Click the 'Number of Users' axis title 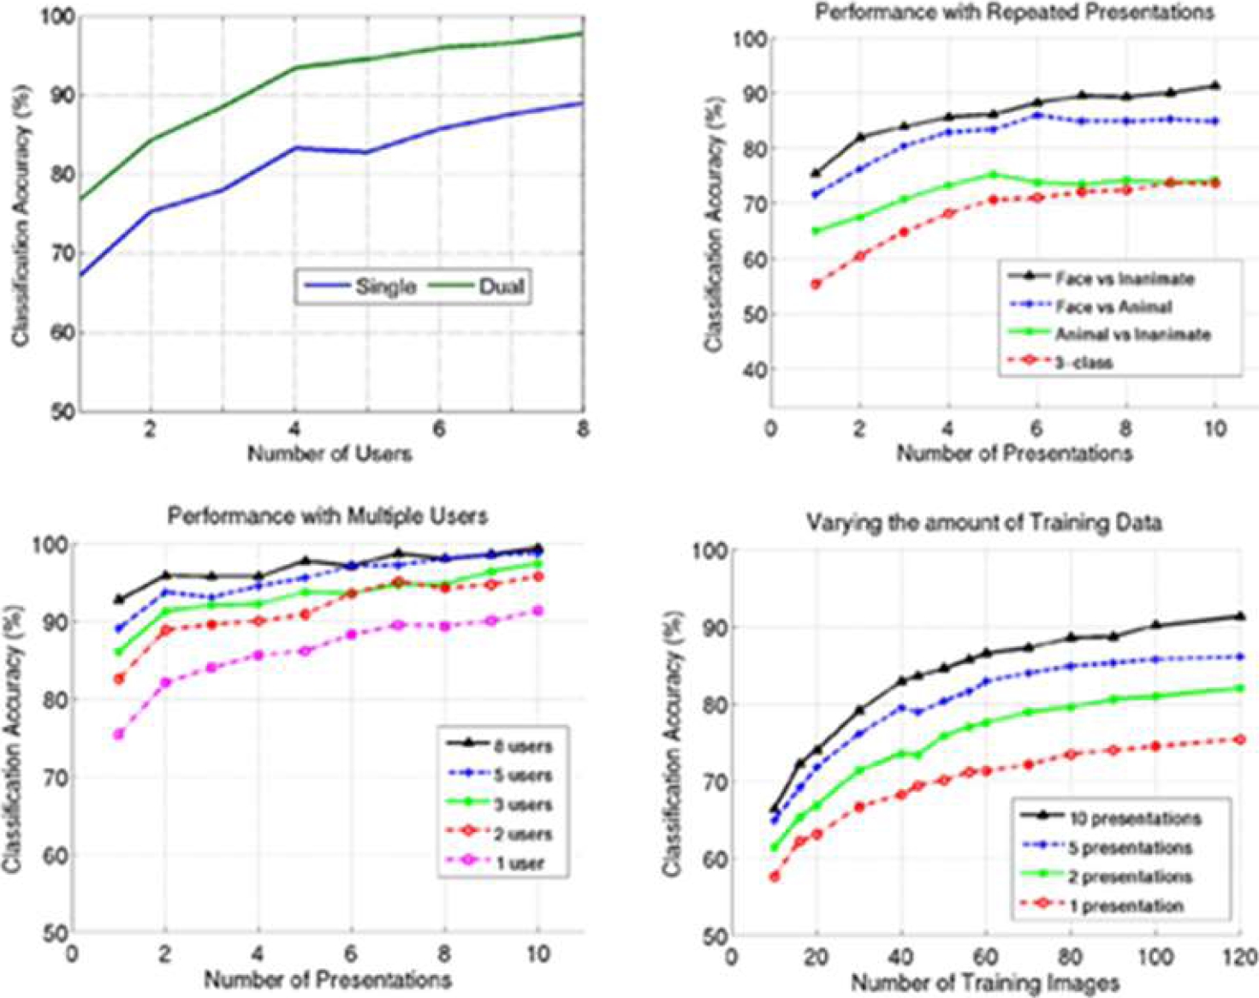[x=330, y=453]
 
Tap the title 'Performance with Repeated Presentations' [x=1013, y=12]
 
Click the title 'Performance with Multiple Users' [x=327, y=516]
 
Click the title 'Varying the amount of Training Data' [x=983, y=522]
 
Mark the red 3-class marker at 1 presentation [x=815, y=284]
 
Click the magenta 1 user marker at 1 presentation [x=119, y=734]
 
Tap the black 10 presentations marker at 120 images [x=1240, y=616]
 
